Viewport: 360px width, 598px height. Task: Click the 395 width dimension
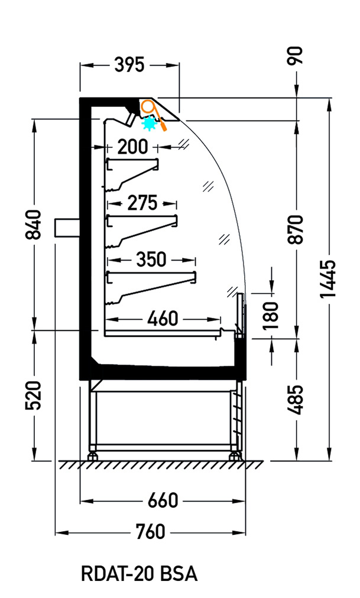(x=129, y=65)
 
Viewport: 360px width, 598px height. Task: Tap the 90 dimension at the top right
(x=296, y=56)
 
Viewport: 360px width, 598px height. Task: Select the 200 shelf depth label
(x=132, y=147)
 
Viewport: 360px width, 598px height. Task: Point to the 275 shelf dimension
(x=142, y=203)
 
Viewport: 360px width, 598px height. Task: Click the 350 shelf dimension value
(x=151, y=260)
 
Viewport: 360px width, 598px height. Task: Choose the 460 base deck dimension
(x=163, y=318)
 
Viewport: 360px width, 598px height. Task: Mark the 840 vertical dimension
(x=33, y=225)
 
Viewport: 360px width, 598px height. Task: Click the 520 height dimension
(x=33, y=395)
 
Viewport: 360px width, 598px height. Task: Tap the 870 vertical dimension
(x=296, y=229)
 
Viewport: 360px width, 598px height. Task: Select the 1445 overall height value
(x=327, y=279)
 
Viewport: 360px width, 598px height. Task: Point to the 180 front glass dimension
(x=271, y=316)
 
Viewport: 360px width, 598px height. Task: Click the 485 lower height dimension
(x=296, y=399)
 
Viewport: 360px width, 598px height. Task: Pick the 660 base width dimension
(x=163, y=500)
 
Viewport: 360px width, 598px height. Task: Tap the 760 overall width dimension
(x=150, y=532)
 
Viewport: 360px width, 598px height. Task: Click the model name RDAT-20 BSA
(x=140, y=574)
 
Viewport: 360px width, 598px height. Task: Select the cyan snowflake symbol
(x=150, y=124)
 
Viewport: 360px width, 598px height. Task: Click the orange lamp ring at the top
(x=148, y=106)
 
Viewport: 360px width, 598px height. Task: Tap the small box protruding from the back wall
(x=67, y=228)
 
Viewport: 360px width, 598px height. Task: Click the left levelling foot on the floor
(x=92, y=456)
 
